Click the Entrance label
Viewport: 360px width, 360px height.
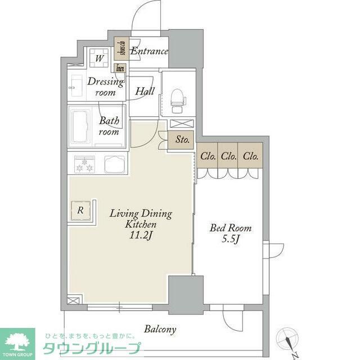point(149,51)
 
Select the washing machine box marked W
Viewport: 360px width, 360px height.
point(98,57)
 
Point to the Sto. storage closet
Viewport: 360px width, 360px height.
point(181,140)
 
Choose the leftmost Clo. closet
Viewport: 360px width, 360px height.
point(207,156)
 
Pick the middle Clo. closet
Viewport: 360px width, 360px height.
point(228,156)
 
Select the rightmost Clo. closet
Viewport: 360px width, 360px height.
point(250,156)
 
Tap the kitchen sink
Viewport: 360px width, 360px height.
point(115,165)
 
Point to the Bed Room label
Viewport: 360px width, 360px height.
point(231,228)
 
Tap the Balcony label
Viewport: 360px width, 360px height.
point(160,330)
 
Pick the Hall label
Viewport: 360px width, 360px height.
point(145,91)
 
